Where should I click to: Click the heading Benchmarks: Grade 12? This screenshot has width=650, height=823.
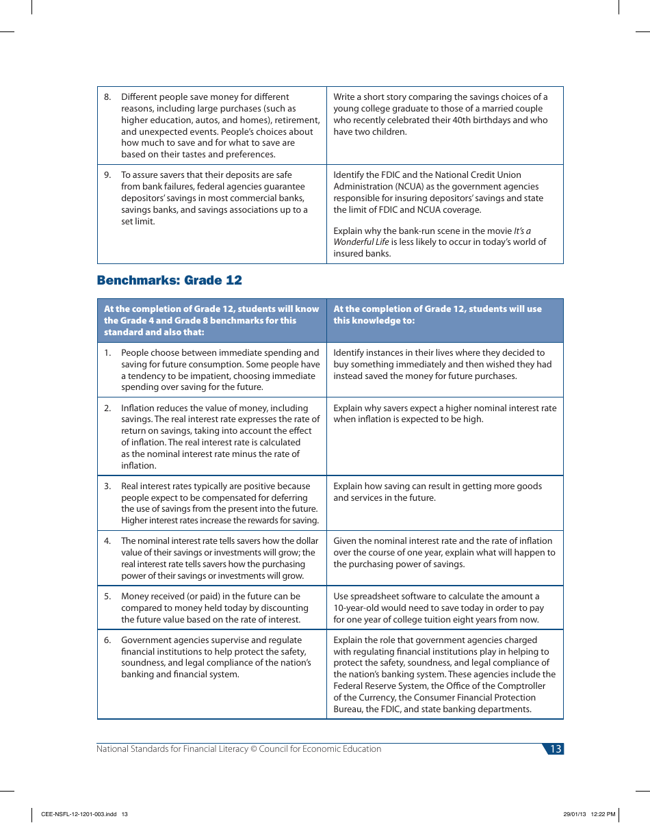tap(169, 280)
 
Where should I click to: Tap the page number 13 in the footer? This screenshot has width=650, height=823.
tap(555, 749)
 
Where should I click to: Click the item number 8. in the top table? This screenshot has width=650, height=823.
tap(107, 97)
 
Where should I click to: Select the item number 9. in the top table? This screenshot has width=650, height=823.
tap(107, 175)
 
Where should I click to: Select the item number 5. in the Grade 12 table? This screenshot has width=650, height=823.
tap(107, 597)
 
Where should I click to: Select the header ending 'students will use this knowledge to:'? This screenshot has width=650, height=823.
tap(437, 315)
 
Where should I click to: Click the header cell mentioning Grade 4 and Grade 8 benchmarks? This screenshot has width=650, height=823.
tap(211, 320)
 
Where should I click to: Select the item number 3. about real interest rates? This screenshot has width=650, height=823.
tap(107, 486)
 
